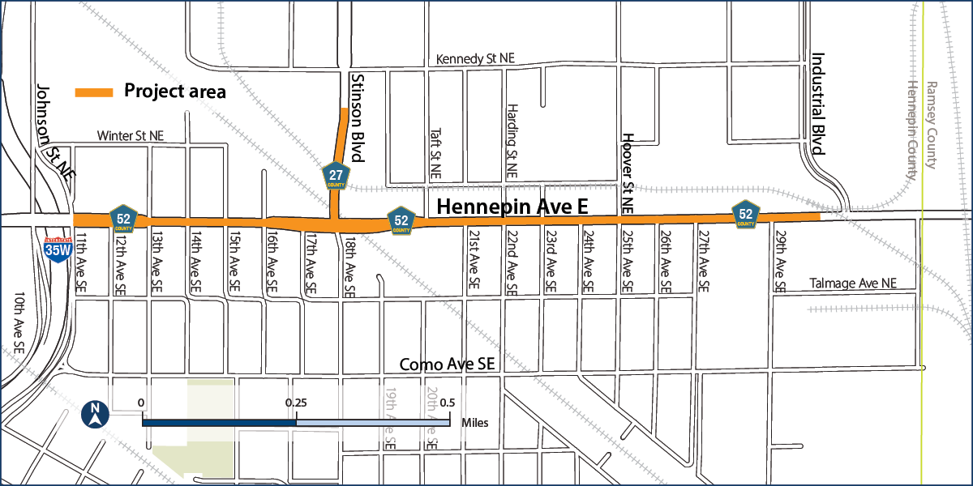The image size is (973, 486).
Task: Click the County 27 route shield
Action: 336,175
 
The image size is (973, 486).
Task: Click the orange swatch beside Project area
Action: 93,92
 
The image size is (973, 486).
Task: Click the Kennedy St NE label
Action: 475,59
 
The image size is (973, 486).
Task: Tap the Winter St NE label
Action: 130,135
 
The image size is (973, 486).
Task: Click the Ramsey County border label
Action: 931,125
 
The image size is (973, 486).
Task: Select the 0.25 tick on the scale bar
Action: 296,403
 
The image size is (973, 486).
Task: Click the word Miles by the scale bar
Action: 474,422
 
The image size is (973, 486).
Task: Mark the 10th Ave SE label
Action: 19,324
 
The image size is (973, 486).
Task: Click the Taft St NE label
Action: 435,155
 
